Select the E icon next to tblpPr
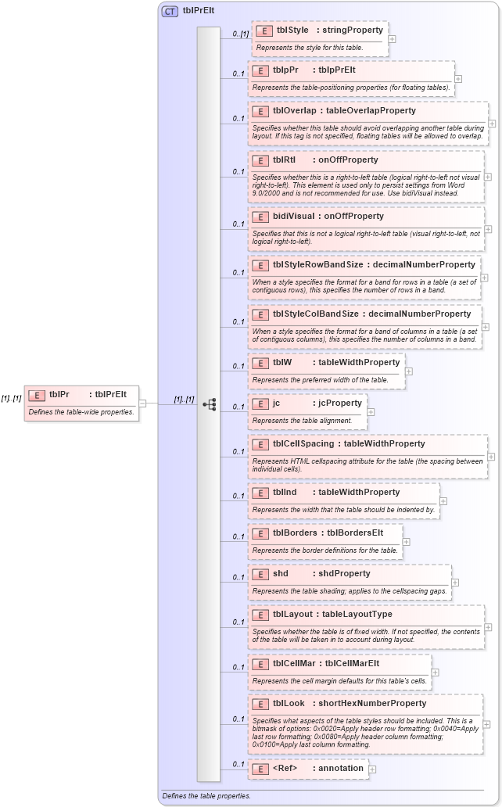260,70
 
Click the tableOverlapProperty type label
371,111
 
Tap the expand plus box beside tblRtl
488,177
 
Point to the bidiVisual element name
293,216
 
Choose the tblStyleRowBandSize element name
318,264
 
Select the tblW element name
282,362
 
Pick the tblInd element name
285,492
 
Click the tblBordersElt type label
355,533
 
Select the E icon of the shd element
260,574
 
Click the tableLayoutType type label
357,615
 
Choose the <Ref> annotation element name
285,768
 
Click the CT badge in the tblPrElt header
170,11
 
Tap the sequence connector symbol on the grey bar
209,404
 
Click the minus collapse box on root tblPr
142,403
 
